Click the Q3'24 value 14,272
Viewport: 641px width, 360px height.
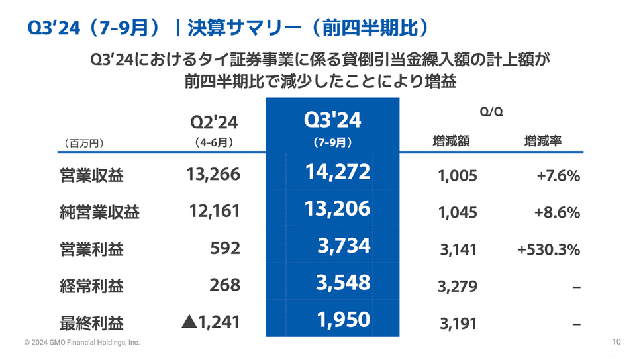tap(338, 173)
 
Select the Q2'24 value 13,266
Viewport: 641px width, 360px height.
tap(214, 175)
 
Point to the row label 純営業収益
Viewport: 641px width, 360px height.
tap(99, 212)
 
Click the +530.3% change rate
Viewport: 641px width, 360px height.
tap(549, 249)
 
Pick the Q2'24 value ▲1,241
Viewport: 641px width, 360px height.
tap(210, 322)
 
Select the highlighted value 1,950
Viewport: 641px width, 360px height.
tap(344, 320)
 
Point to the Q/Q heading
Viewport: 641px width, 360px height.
tap(491, 111)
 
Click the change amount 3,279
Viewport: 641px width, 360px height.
tap(458, 287)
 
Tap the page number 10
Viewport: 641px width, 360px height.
tap(616, 342)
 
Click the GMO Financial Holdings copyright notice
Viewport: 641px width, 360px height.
tap(82, 343)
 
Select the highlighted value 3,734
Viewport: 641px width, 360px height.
tap(344, 246)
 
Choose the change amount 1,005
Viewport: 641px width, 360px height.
tap(458, 177)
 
